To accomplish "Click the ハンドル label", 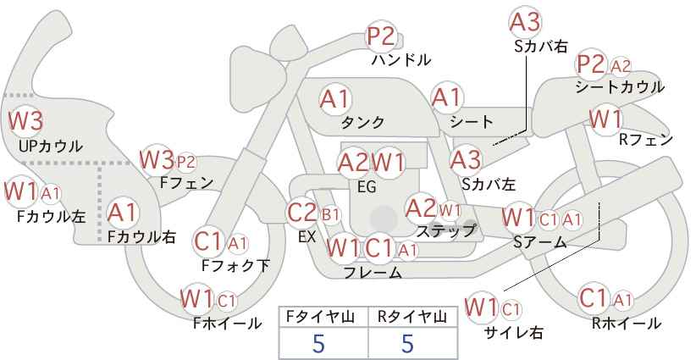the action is pos(401,59).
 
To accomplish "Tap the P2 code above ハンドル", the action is pos(381,36).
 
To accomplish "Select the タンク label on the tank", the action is pos(362,122).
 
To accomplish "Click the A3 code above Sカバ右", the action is pos(525,23).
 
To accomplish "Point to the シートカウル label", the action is pos(620,87).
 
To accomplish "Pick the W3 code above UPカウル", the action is pos(25,121).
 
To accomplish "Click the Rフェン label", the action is pos(646,140).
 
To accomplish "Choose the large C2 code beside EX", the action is pos(301,213).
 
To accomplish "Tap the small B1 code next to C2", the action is pos(330,215).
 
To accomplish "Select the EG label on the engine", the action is pos(367,187).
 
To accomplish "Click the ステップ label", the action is pos(446,231).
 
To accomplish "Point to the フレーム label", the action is pos(373,272).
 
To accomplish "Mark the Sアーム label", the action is pos(539,242).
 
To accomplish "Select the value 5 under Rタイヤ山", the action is pos(407,343).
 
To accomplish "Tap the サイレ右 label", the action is pos(514,332).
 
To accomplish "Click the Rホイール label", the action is pos(627,324).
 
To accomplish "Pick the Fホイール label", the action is pos(227,324).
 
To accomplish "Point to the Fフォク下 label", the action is pos(235,265).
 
